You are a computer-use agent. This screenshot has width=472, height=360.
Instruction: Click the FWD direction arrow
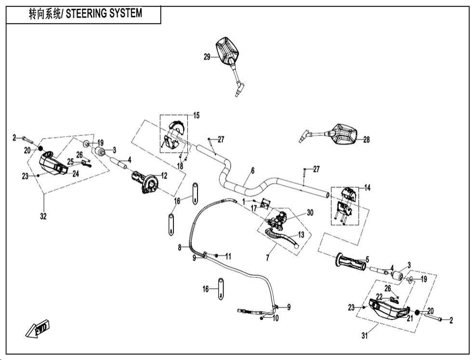point(38,328)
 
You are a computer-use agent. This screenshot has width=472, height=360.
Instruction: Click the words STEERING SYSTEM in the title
point(104,13)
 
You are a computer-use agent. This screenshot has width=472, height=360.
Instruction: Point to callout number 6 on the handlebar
point(252,171)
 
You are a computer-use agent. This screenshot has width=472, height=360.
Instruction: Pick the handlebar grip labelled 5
point(351,262)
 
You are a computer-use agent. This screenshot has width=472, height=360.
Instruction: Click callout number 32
point(43,216)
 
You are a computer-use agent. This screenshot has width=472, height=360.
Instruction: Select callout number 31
point(365,335)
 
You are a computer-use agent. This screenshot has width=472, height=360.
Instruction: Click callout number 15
point(197,115)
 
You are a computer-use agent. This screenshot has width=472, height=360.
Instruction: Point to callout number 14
point(367,188)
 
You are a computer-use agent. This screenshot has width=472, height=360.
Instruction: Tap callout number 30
point(310,213)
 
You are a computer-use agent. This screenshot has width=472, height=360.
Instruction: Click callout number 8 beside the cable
point(180,248)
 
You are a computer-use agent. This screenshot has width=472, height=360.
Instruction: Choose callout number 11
point(228,256)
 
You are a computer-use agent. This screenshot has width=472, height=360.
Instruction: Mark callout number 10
point(275,318)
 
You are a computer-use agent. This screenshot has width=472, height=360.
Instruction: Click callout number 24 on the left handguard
point(76,173)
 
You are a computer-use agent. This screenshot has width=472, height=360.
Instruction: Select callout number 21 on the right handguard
point(410,318)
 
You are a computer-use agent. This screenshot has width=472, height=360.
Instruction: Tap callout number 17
point(254,209)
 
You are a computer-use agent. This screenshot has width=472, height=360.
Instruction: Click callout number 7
point(267,258)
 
